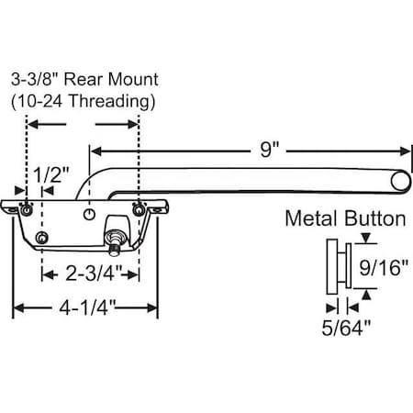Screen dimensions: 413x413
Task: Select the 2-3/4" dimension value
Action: pos(91,272)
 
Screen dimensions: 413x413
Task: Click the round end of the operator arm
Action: pos(399,184)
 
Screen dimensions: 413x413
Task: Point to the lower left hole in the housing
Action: pos(41,239)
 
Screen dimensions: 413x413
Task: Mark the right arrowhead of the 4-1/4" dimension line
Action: pos(154,308)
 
